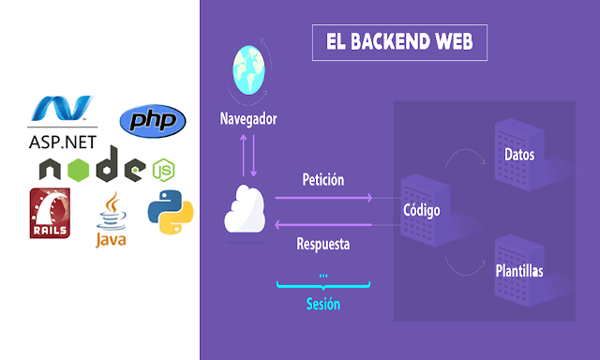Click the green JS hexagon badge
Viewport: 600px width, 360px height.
pyautogui.click(x=162, y=170)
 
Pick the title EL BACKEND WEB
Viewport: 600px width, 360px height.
pyautogui.click(x=399, y=42)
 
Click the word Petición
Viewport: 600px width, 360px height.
pyautogui.click(x=323, y=178)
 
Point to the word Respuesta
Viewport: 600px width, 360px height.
pyautogui.click(x=323, y=245)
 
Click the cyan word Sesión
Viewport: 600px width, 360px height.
pyautogui.click(x=323, y=304)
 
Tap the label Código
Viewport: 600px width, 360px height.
pyautogui.click(x=421, y=210)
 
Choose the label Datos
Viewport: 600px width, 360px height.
pyautogui.click(x=518, y=155)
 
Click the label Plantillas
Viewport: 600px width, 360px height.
pyautogui.click(x=518, y=271)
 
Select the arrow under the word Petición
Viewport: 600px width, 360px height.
pyautogui.click(x=323, y=198)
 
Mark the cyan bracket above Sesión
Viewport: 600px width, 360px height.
pyautogui.click(x=323, y=284)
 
